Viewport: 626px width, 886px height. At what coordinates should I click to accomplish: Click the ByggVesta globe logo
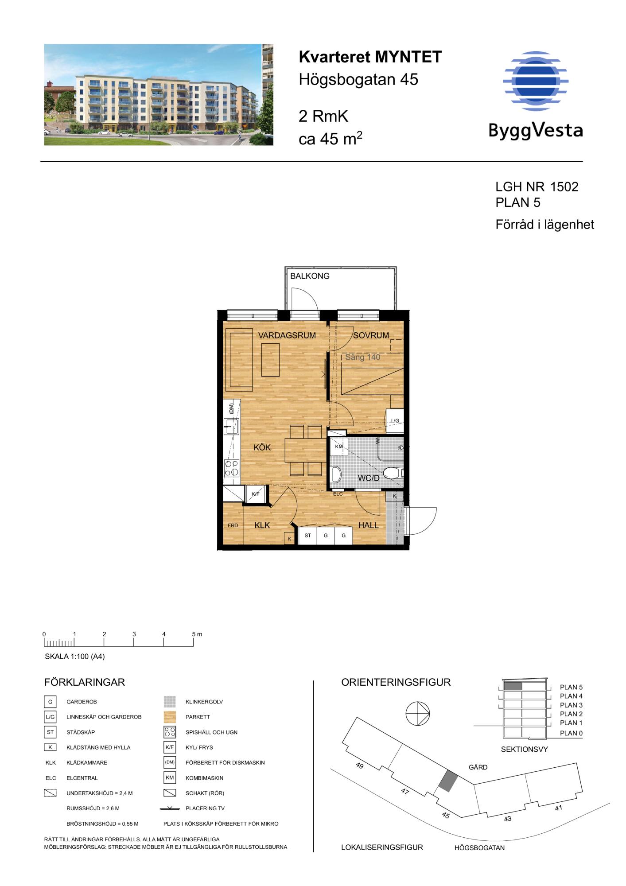[x=536, y=81]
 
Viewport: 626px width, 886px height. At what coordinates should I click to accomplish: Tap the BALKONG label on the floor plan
[x=310, y=276]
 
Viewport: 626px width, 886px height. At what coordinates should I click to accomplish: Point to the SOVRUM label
[x=371, y=335]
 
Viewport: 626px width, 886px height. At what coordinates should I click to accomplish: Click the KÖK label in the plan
[x=262, y=447]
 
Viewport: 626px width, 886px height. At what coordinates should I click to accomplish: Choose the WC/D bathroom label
[x=369, y=478]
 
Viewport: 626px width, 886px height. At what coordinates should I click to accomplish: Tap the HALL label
[x=368, y=525]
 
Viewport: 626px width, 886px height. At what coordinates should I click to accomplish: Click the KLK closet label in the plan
[x=262, y=525]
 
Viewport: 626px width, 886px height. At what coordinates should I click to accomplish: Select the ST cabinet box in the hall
[x=307, y=536]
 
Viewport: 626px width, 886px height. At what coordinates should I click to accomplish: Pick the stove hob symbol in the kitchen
[x=232, y=468]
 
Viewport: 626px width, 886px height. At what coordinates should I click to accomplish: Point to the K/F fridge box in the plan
[x=255, y=494]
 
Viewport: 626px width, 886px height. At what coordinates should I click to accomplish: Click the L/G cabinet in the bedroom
[x=395, y=420]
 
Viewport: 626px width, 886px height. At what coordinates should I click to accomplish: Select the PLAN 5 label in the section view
[x=571, y=688]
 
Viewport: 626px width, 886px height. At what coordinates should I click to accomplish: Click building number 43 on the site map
[x=508, y=818]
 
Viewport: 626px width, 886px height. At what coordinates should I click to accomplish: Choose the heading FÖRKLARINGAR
[x=85, y=682]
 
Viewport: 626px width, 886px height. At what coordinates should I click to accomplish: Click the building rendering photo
[x=159, y=94]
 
